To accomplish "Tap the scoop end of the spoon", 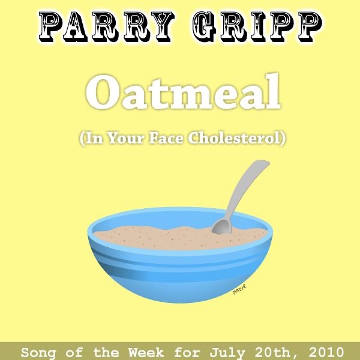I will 221,226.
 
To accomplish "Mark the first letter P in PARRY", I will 52,26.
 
